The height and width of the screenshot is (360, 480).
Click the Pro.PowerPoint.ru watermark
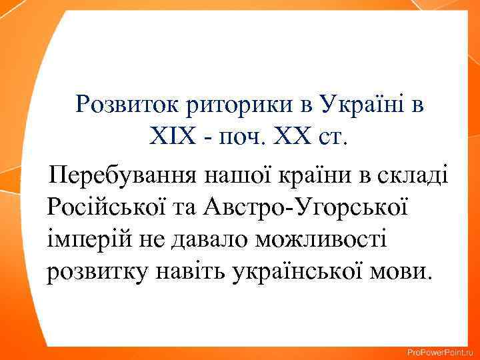[x=439, y=352]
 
